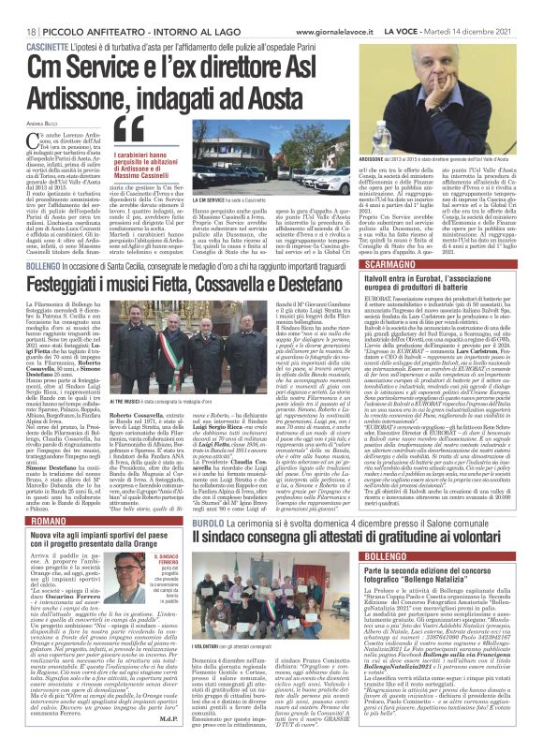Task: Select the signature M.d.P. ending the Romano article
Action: [167, 746]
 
